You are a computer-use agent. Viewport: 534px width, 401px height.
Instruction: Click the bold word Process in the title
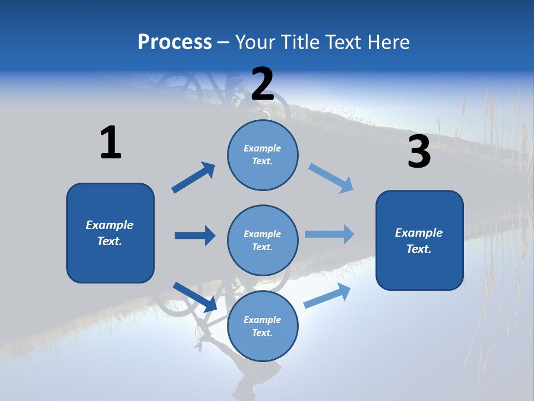175,42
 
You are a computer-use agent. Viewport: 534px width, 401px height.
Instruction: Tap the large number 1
111,143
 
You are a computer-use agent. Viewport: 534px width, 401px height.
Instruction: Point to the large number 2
263,84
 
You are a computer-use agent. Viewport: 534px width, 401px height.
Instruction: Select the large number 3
419,152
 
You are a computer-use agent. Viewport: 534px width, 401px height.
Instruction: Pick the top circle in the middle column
263,155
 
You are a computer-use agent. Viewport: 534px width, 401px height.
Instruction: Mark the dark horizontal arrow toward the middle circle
195,236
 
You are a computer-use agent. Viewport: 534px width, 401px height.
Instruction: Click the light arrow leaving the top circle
331,178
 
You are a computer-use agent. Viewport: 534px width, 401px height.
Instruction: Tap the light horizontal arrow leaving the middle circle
329,234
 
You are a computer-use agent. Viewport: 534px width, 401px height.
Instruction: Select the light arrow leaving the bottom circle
328,295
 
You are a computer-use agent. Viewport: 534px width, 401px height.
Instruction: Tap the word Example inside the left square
110,225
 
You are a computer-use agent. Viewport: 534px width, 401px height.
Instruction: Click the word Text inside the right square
419,249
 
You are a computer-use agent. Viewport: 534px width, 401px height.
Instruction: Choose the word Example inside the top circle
263,148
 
